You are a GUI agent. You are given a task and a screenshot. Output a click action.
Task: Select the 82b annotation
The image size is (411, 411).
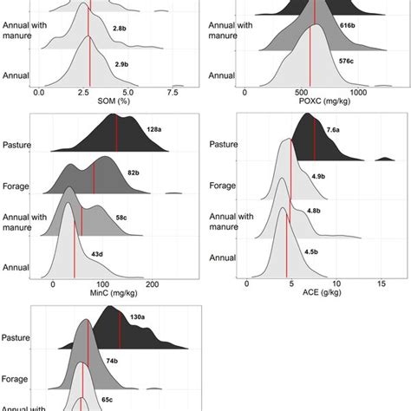(x=132, y=173)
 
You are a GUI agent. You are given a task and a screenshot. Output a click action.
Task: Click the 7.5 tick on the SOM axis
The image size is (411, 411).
(x=174, y=91)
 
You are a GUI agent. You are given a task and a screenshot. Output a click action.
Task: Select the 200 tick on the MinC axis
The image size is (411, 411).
(x=152, y=284)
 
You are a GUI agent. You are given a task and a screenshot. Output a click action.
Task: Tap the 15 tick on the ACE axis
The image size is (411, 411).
(x=382, y=284)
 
